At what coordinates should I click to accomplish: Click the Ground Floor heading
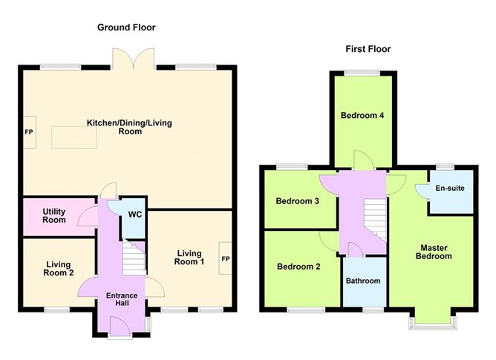[x=126, y=27]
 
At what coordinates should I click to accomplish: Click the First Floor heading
[x=368, y=49]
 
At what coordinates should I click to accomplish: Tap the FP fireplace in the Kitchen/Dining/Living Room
[x=30, y=132]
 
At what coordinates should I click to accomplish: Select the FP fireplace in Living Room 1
[x=225, y=258]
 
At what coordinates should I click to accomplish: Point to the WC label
[x=134, y=215]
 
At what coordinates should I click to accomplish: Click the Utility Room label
[x=54, y=215]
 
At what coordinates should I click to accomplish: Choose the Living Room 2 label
[x=59, y=269]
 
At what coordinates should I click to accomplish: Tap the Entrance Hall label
[x=122, y=299]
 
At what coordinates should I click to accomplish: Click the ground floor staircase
[x=134, y=257]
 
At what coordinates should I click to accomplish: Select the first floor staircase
[x=375, y=220]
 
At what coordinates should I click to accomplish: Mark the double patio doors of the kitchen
[x=134, y=58]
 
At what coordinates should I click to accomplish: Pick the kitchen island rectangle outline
[x=74, y=137]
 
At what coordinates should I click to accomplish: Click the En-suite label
[x=450, y=188]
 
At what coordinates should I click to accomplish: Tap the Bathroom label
[x=363, y=281]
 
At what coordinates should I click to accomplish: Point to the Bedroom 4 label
[x=362, y=115]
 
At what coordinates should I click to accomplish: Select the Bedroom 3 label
[x=297, y=201]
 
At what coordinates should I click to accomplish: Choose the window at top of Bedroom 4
[x=362, y=73]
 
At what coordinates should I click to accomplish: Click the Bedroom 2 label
[x=298, y=266]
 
